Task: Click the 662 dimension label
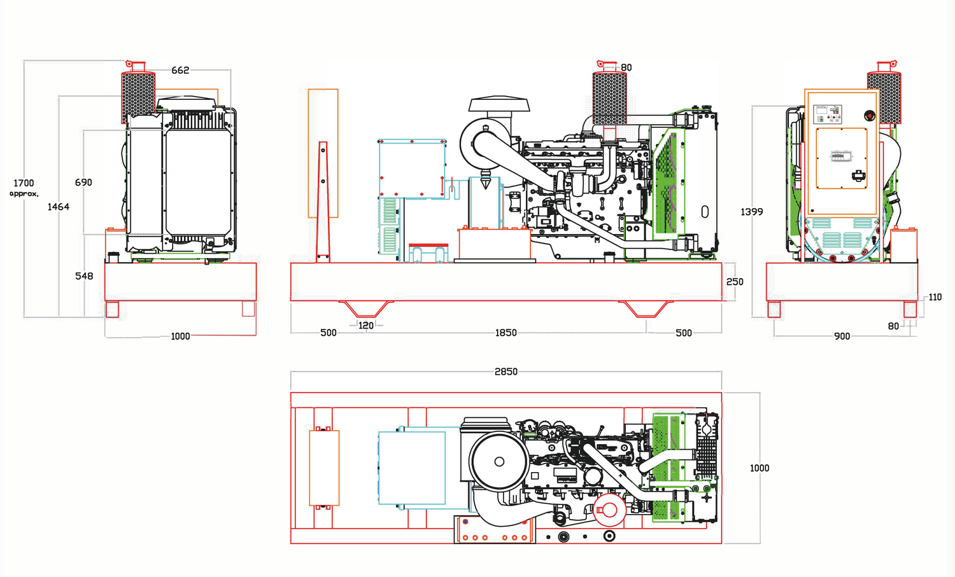(x=180, y=70)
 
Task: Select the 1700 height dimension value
(x=24, y=183)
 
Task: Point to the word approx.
(x=24, y=193)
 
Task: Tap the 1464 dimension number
(x=58, y=207)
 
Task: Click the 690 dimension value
(x=83, y=183)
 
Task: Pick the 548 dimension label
(x=84, y=276)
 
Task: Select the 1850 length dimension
(x=506, y=333)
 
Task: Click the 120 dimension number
(x=366, y=325)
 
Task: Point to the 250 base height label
(x=735, y=282)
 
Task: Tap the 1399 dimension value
(x=751, y=212)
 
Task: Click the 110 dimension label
(x=935, y=297)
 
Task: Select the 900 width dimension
(x=842, y=336)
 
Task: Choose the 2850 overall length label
(x=506, y=372)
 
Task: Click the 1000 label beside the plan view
(x=759, y=468)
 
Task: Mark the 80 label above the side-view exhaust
(x=626, y=67)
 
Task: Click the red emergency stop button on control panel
(x=869, y=116)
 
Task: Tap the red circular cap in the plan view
(x=610, y=510)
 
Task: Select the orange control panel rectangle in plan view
(x=324, y=468)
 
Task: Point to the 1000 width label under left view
(x=180, y=336)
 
